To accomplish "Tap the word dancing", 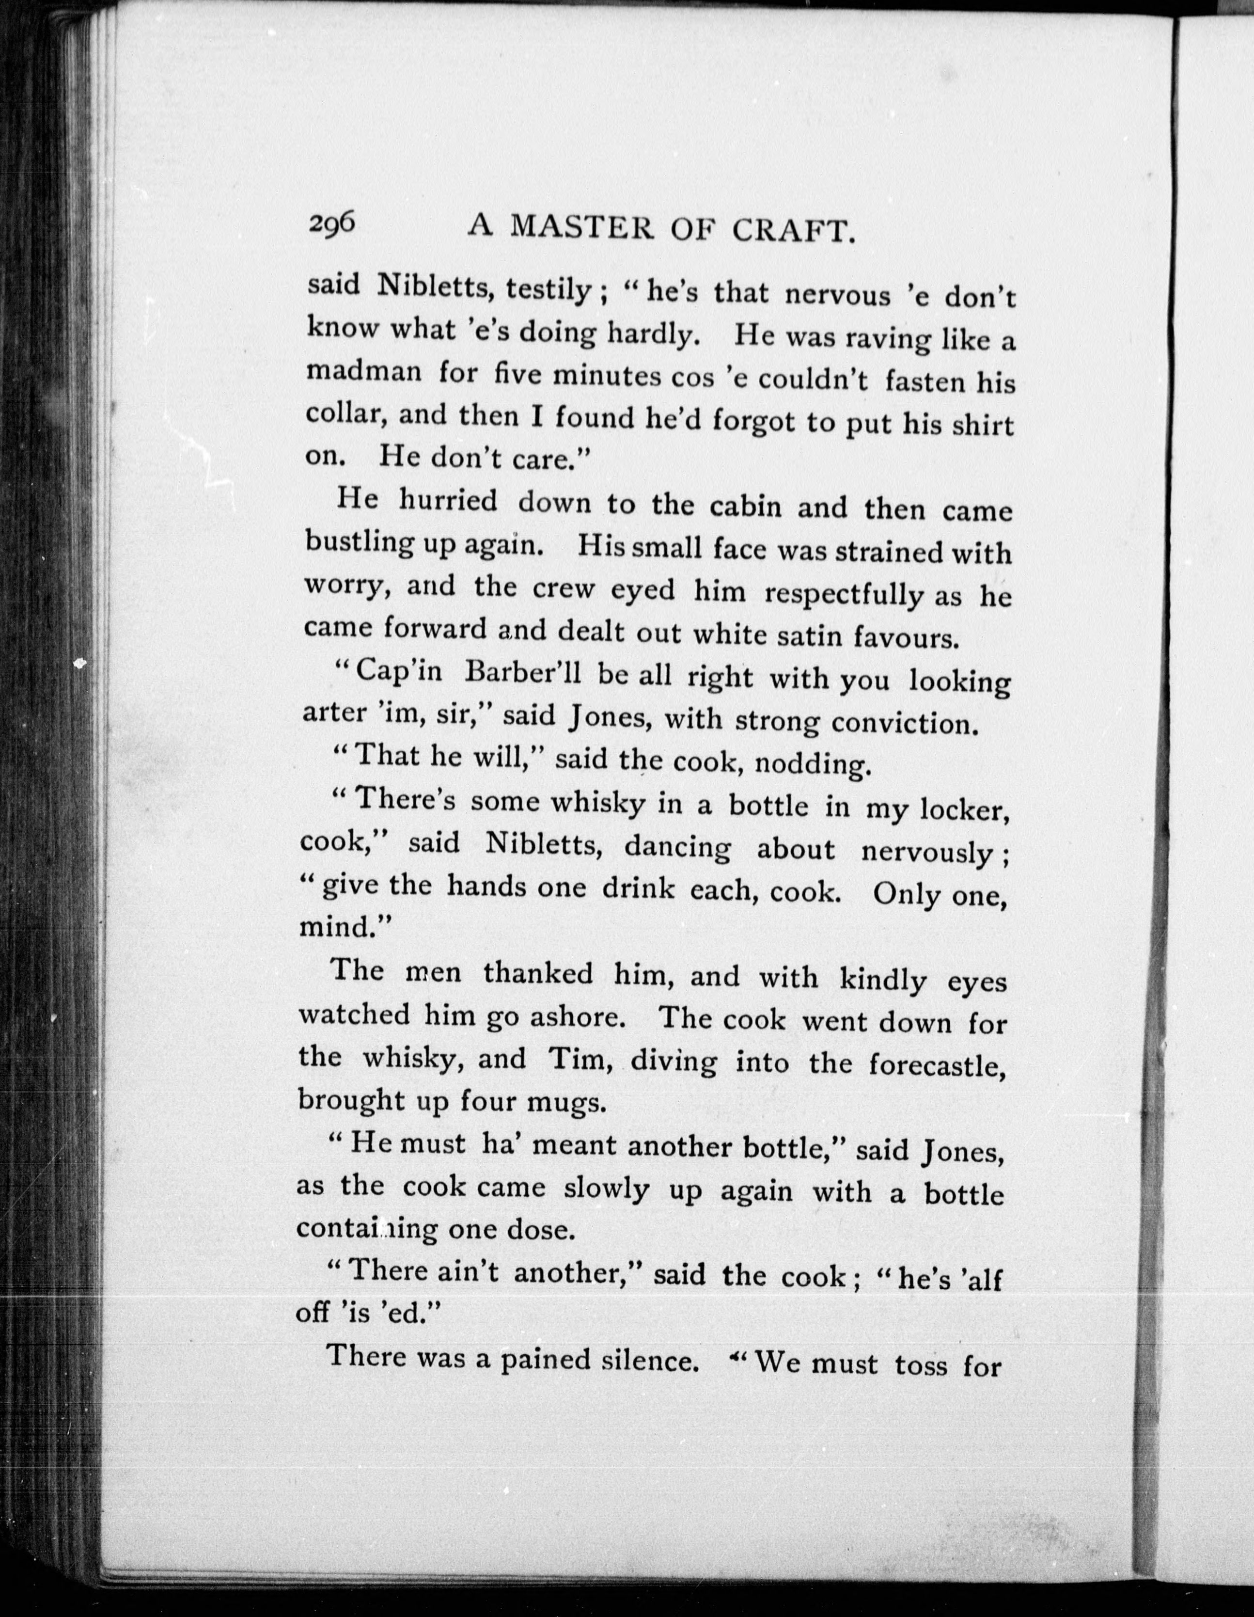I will pyautogui.click(x=676, y=847).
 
